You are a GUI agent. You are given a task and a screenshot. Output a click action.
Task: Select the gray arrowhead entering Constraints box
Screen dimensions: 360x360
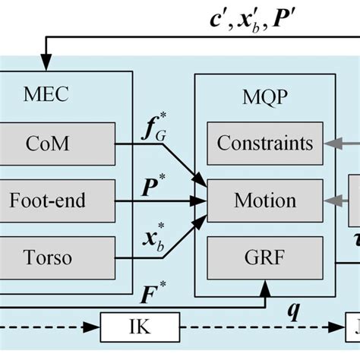point(327,142)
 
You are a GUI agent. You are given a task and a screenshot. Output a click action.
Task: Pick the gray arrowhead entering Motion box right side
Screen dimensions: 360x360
point(327,201)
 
